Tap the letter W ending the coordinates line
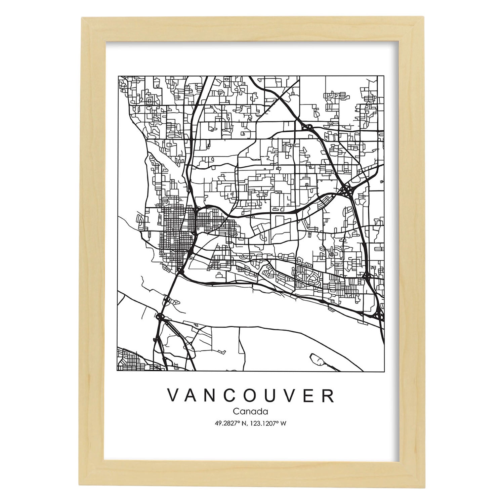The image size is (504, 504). (x=284, y=424)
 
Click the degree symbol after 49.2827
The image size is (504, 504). (x=239, y=422)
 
